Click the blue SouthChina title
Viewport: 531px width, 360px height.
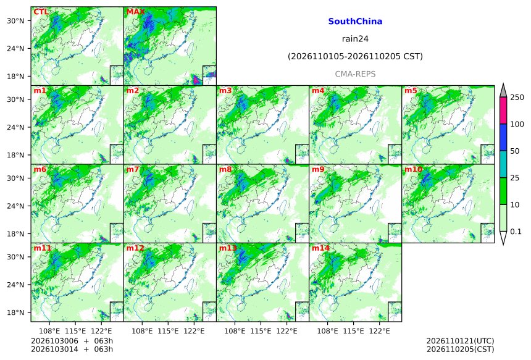[355, 22]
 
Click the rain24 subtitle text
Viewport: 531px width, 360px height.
[355, 39]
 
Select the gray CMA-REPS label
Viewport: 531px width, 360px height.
[355, 74]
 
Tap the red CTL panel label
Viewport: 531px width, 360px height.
[41, 12]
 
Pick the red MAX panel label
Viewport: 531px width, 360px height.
[135, 12]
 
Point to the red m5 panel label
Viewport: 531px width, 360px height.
[411, 91]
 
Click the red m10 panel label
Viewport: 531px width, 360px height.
[413, 169]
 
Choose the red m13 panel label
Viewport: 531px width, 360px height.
[228, 248]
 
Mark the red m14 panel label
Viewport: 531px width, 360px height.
[320, 248]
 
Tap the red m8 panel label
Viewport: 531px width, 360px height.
[225, 169]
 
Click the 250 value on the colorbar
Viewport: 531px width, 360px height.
[517, 98]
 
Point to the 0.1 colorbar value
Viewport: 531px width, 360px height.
[516, 232]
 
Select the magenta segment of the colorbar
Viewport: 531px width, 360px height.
[503, 111]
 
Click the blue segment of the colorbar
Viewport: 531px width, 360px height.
[503, 137]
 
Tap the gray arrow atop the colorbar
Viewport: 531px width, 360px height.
[503, 90]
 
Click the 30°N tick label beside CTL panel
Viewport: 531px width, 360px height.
[15, 20]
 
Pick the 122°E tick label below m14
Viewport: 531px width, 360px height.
[379, 331]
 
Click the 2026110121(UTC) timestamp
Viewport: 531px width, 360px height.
[460, 341]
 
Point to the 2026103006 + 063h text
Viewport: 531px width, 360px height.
[72, 341]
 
